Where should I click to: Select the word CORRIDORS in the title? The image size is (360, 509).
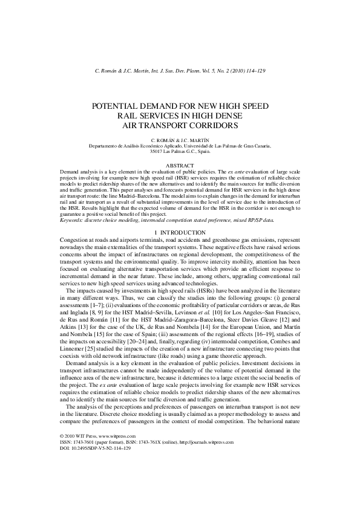208,125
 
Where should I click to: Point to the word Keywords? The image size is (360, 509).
73,220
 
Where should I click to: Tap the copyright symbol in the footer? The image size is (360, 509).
62,436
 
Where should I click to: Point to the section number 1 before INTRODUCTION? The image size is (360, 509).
156,232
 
